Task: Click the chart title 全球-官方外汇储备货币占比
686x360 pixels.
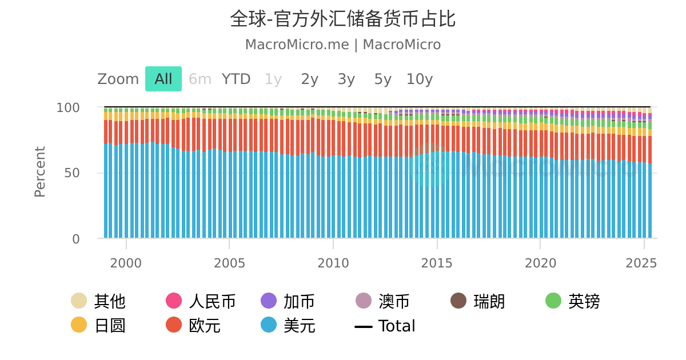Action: point(342,19)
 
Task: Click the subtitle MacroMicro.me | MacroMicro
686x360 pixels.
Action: point(342,45)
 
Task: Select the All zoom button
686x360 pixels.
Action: point(163,79)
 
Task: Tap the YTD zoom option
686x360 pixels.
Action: point(236,79)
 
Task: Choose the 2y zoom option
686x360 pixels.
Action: point(309,79)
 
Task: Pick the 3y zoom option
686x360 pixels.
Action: point(346,79)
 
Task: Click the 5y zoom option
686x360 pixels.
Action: point(382,79)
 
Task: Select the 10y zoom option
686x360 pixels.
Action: point(420,79)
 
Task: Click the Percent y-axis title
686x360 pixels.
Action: point(40,172)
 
